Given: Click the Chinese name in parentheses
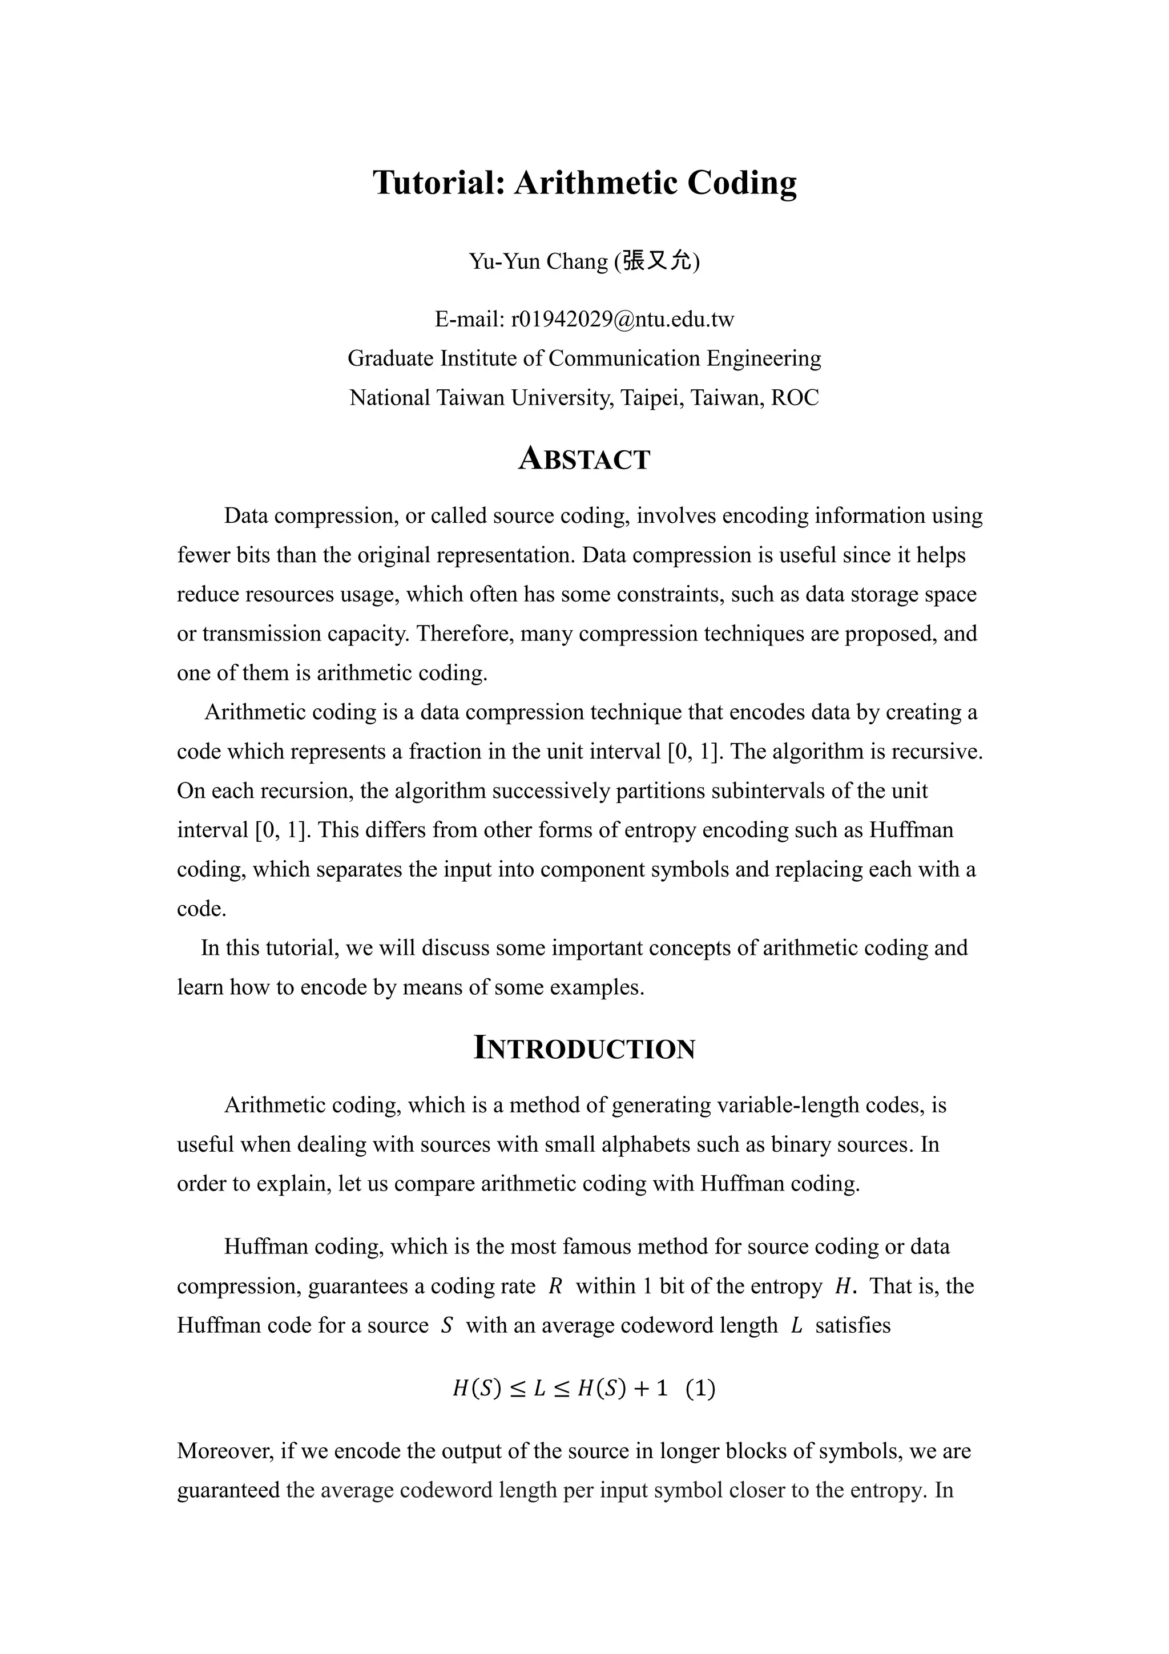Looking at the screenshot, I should pyautogui.click(x=656, y=260).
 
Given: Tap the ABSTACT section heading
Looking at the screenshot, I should pyautogui.click(x=584, y=459).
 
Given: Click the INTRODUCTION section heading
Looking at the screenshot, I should pyautogui.click(x=584, y=1048).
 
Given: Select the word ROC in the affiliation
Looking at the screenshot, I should pyautogui.click(x=795, y=398).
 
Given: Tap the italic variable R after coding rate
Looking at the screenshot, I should pyautogui.click(x=555, y=1286).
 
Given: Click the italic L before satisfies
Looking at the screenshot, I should pyautogui.click(x=796, y=1325).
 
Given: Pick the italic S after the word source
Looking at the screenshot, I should pyautogui.click(x=446, y=1325).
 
